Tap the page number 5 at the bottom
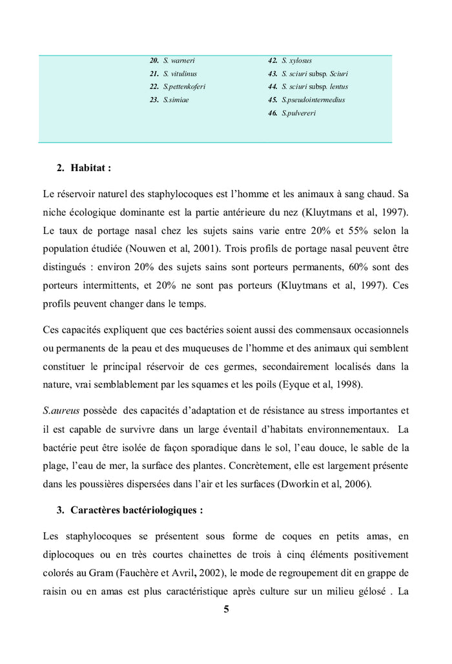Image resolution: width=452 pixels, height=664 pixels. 226,609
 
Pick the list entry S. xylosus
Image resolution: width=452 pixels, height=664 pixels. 296,60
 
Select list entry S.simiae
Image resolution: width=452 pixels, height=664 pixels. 176,100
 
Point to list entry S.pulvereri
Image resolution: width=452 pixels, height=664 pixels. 299,114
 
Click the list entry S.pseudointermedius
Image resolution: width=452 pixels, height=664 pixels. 313,100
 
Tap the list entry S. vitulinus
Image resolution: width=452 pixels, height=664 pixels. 180,74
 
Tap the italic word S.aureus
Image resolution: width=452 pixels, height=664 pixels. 61,411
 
